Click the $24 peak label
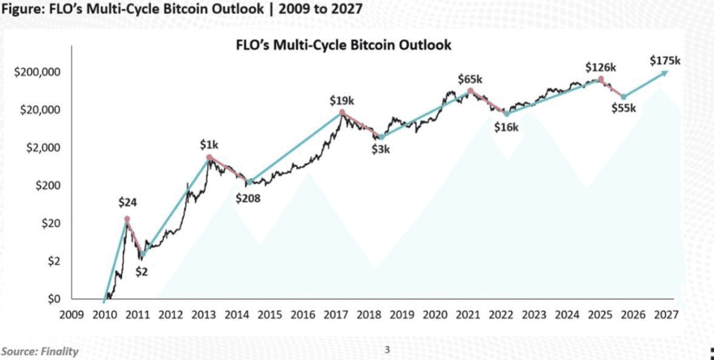[128, 202]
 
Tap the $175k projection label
[665, 60]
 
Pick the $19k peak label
[342, 100]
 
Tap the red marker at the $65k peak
[470, 91]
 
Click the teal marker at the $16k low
[506, 114]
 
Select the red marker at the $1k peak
[209, 157]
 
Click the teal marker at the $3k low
[380, 137]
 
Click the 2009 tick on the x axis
[72, 315]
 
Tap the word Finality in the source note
[59, 351]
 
